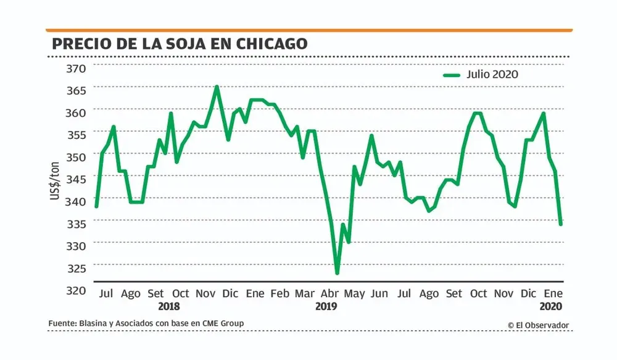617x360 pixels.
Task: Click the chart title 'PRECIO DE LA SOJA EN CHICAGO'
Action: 180,44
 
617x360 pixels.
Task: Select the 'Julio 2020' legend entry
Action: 480,75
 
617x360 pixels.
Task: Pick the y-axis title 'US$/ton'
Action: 55,179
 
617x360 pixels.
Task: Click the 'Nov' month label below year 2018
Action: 205,294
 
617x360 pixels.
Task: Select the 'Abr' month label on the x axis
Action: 330,294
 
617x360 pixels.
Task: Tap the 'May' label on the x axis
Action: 355,294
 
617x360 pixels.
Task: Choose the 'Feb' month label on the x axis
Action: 280,294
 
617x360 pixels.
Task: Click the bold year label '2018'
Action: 168,306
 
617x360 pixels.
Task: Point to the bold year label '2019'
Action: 325,306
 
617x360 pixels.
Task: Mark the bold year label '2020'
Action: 550,306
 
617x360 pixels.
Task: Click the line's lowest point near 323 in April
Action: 337,273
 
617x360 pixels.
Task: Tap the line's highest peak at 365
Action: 217,86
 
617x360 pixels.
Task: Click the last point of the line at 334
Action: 560,224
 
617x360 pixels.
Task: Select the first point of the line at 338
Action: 96,206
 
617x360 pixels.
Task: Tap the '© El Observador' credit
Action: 538,325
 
